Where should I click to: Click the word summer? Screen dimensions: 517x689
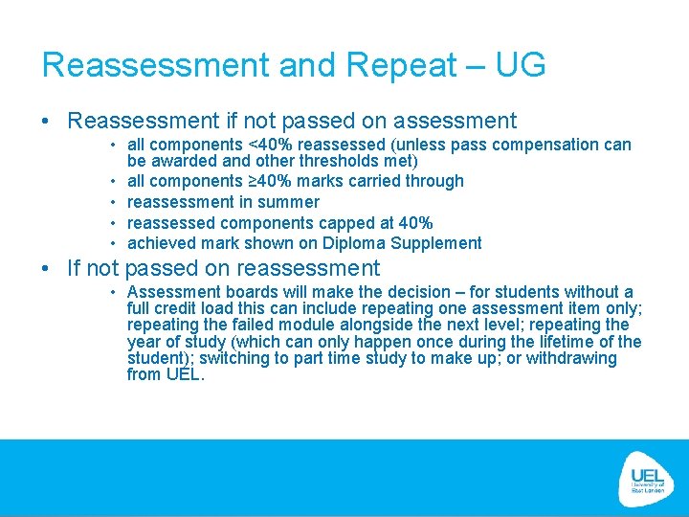click(288, 202)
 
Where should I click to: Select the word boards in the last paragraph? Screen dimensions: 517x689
click(244, 292)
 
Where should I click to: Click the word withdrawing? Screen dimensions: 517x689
click(569, 358)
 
